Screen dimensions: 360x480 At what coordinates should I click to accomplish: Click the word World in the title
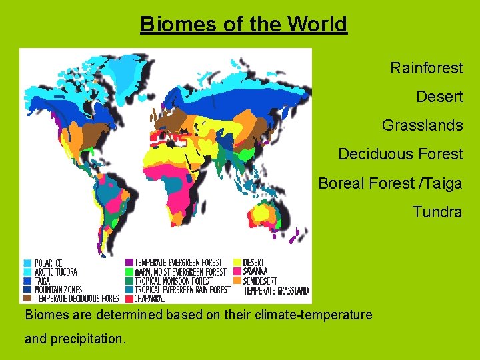[317, 24]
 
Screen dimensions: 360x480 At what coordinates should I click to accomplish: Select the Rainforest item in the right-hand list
[427, 68]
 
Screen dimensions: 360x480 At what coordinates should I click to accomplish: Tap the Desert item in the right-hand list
[439, 97]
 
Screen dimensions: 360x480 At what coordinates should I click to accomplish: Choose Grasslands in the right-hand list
[422, 125]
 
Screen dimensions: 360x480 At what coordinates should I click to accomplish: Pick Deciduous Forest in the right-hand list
[400, 154]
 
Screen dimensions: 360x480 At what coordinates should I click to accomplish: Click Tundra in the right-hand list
[437, 212]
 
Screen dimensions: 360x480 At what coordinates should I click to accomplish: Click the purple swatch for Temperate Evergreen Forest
[129, 263]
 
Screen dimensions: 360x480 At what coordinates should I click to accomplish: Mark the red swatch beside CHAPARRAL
[129, 299]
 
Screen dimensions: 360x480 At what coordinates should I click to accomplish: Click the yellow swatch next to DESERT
[237, 263]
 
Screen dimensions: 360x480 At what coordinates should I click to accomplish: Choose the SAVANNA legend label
[256, 272]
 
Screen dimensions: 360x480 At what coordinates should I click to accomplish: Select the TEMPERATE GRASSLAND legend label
[276, 291]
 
